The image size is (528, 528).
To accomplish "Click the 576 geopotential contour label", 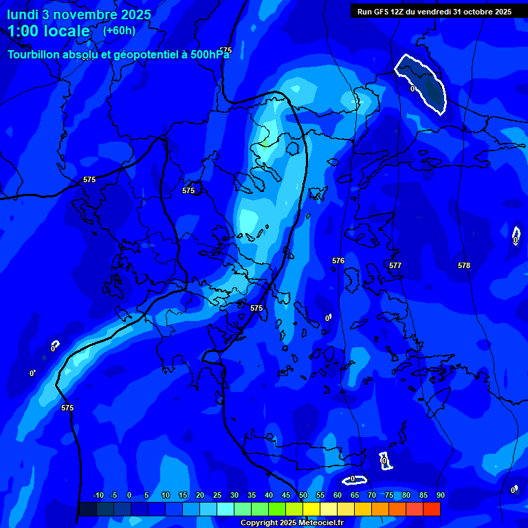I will [x=338, y=261].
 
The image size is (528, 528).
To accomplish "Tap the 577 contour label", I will [x=395, y=265].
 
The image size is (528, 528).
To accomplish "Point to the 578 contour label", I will [x=464, y=265].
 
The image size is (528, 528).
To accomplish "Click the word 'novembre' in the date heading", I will [x=90, y=14].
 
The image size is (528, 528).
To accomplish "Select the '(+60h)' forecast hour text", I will [x=119, y=30].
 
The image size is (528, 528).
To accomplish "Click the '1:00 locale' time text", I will [x=49, y=31].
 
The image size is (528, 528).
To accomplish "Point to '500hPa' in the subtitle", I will [x=210, y=54].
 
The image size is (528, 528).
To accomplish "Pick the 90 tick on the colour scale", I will [x=440, y=495].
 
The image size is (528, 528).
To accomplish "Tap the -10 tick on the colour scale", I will [x=98, y=495].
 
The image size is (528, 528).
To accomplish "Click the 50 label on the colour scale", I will [x=303, y=495].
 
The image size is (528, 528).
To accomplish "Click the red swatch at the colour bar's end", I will [x=432, y=509].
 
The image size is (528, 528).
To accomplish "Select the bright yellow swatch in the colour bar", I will [x=311, y=509].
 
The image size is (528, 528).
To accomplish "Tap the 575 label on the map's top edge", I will [x=225, y=50].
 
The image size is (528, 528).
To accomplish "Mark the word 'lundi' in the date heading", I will [x=23, y=14].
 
